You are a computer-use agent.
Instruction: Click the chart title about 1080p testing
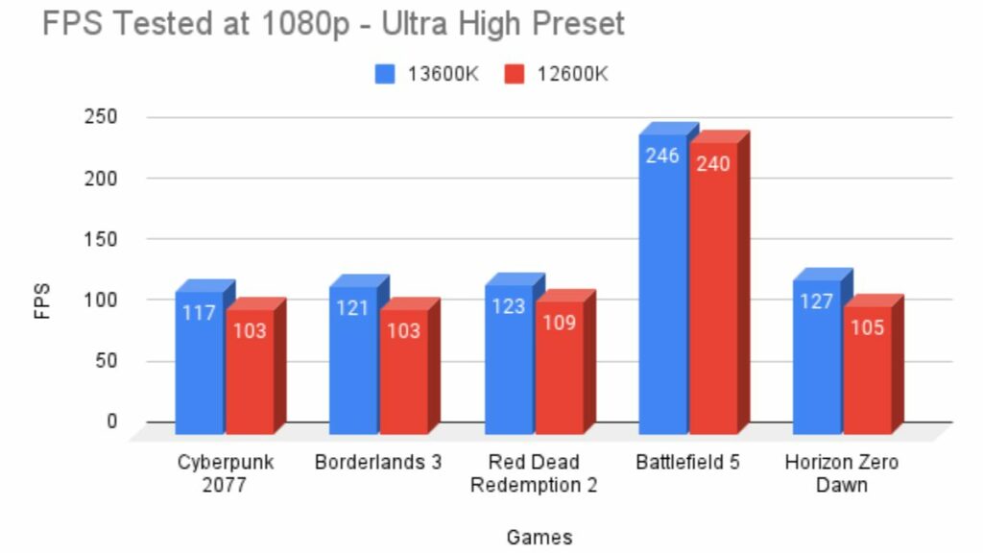coord(333,23)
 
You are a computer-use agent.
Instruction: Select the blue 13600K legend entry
coord(422,74)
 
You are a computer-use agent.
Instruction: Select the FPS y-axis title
coord(42,300)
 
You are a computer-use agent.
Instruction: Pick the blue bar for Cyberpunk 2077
coord(199,365)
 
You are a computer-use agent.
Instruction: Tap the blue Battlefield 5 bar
coord(662,288)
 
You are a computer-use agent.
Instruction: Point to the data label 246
coord(662,156)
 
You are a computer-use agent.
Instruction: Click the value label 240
coord(713,163)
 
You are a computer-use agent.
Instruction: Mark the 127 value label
coord(816,301)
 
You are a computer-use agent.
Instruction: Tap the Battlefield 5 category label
coord(687,463)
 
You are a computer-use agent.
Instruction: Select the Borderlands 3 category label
coord(378,463)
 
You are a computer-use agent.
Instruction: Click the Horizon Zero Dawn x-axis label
coord(841,473)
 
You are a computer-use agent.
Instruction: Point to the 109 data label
coord(559,323)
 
